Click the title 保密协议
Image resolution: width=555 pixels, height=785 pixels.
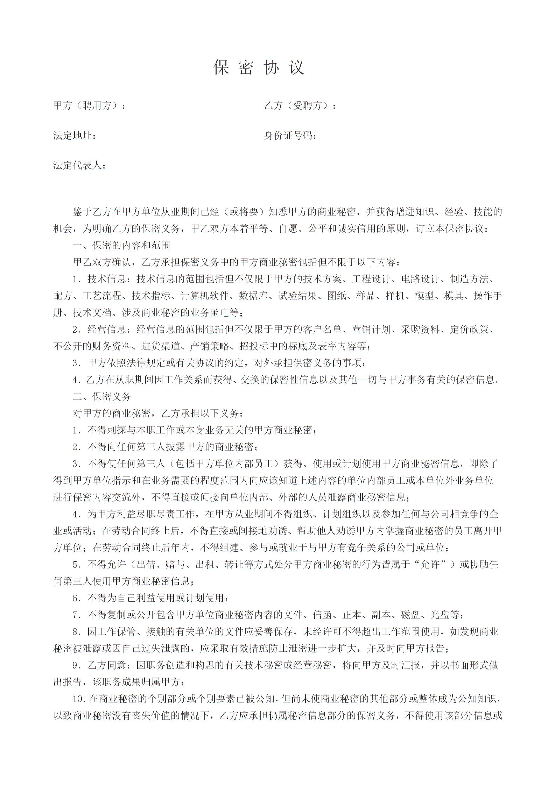(x=259, y=68)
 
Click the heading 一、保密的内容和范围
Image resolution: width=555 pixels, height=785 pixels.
(x=121, y=245)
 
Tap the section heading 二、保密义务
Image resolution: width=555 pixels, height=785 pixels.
(x=102, y=396)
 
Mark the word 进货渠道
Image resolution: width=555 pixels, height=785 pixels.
(x=161, y=346)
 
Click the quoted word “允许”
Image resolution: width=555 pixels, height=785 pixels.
(x=430, y=565)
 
